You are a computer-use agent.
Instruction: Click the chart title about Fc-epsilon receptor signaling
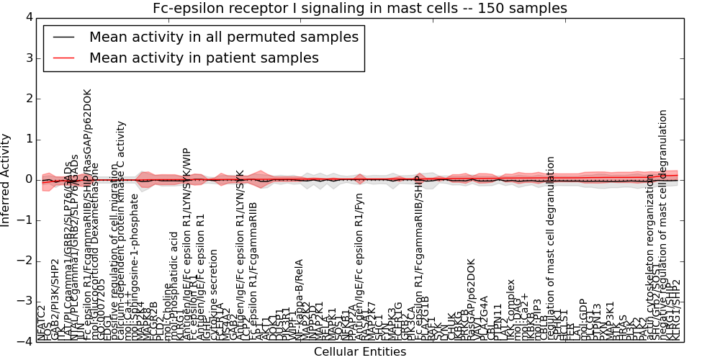pos(359,9)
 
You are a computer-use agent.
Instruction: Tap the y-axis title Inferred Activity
pos(6,179)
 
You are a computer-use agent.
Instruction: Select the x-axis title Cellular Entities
pos(359,351)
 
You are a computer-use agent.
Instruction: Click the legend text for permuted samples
pos(223,37)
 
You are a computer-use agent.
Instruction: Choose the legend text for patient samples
pos(204,58)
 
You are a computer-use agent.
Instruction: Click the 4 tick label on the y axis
pos(28,17)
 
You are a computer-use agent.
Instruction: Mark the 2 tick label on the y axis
pos(28,99)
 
